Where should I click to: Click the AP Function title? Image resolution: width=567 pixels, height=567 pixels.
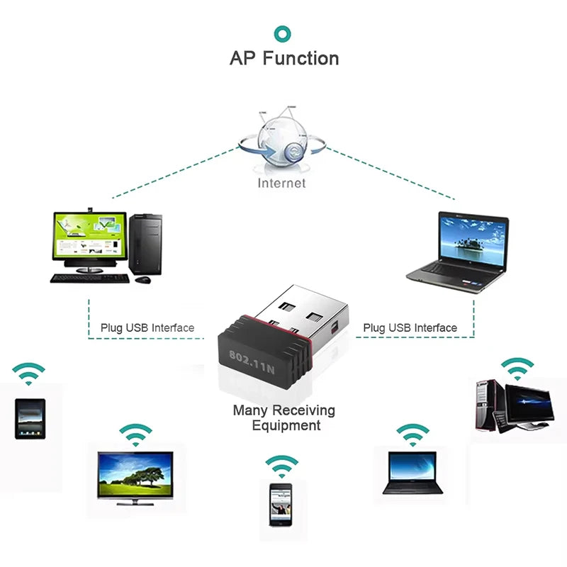point(283,58)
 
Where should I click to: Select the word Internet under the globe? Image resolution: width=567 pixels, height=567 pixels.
point(282,183)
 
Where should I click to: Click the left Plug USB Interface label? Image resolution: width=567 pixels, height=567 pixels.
point(147,327)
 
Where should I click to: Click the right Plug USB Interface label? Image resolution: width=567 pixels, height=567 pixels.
point(410,327)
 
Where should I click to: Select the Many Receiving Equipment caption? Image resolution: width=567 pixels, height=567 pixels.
point(284,418)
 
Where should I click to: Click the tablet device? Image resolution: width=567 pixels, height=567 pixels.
point(30,419)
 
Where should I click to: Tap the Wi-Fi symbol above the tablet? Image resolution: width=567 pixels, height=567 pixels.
point(29,373)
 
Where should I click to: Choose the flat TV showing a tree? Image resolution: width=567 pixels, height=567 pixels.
point(135,474)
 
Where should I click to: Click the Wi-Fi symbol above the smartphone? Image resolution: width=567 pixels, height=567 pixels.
point(282,466)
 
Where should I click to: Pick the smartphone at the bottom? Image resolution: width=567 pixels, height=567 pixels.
point(281,504)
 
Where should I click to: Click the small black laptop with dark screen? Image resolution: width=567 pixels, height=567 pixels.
point(412,471)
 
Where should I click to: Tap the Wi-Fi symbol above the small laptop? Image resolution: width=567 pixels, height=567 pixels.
point(412,434)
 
